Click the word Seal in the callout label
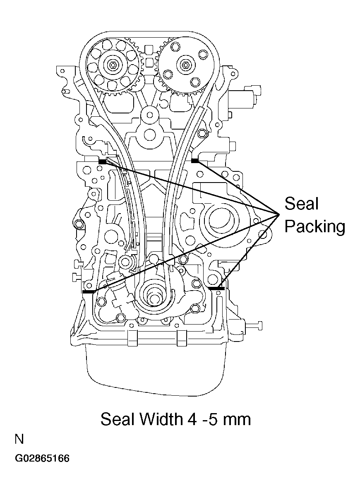click(302, 204)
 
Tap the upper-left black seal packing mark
click(103, 161)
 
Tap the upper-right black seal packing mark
click(195, 160)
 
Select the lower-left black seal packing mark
click(89, 292)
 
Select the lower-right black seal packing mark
click(216, 288)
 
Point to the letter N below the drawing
click(19, 440)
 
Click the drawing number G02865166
click(42, 459)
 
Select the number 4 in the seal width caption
click(191, 419)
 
